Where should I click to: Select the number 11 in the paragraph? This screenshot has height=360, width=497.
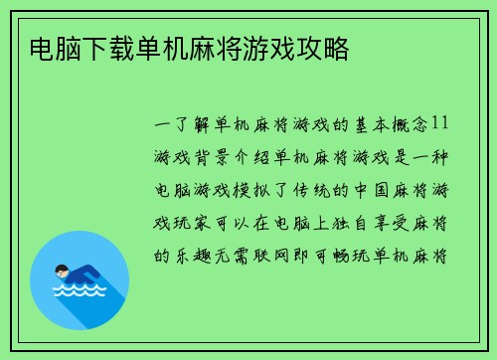click(x=441, y=127)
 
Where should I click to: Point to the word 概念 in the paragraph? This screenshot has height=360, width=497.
click(x=409, y=127)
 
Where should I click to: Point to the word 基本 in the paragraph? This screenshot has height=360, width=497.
click(x=365, y=127)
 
